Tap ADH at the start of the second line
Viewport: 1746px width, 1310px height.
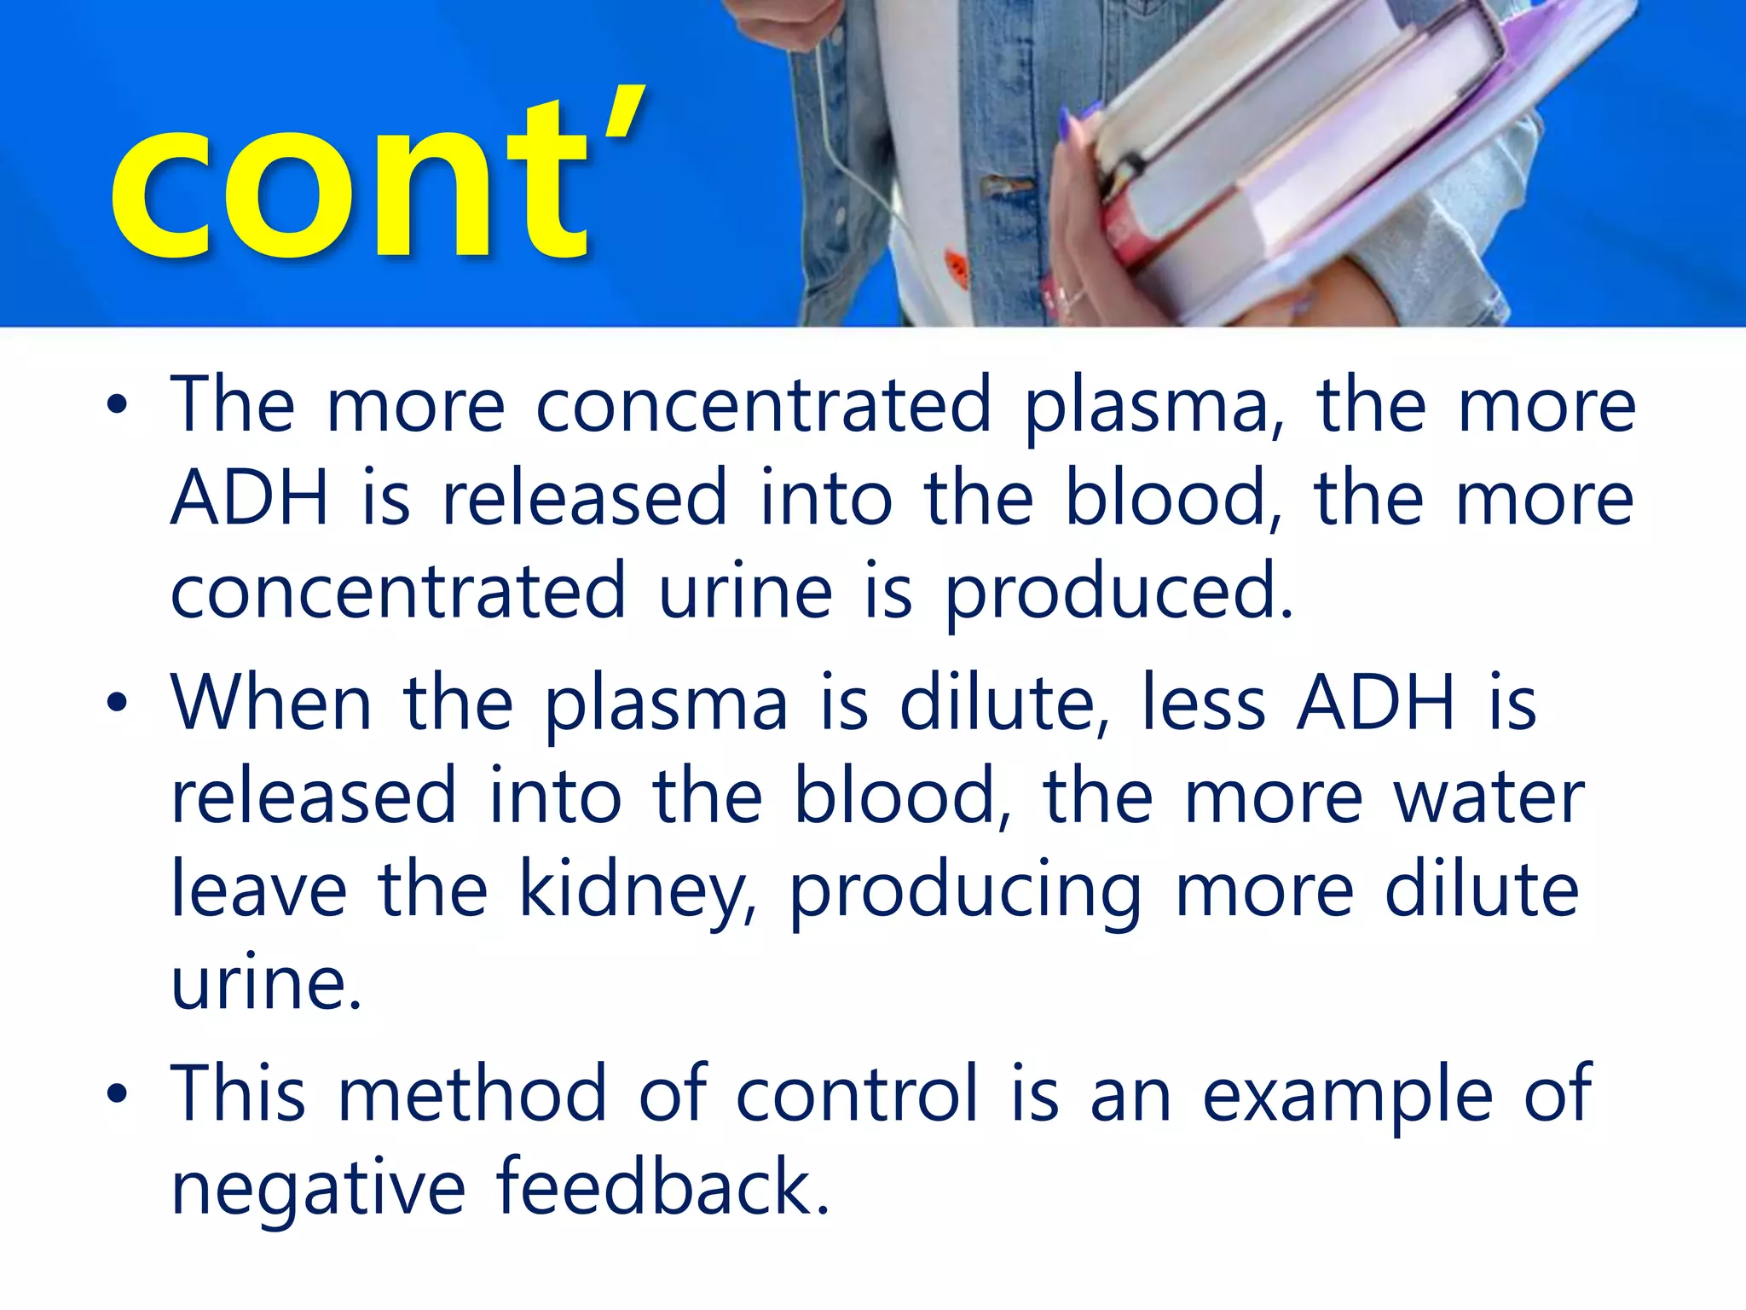[250, 497]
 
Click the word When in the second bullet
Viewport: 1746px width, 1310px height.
[271, 704]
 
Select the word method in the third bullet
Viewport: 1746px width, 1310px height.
[472, 1095]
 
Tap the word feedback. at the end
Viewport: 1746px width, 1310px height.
[663, 1187]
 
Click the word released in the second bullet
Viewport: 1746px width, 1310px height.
[314, 797]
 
